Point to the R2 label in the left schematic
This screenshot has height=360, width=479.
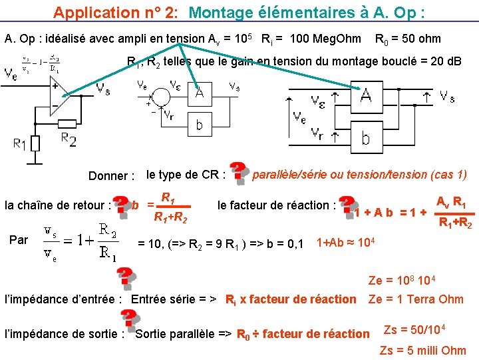[69, 139]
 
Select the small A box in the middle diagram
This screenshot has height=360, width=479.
[199, 94]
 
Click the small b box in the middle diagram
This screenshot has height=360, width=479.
[199, 124]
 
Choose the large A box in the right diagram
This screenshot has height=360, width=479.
[365, 96]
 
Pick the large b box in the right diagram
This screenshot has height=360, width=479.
[365, 138]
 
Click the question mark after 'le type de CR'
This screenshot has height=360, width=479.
[238, 171]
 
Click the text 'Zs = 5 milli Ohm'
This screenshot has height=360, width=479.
[422, 350]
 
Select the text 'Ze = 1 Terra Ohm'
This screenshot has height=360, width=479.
[416, 299]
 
